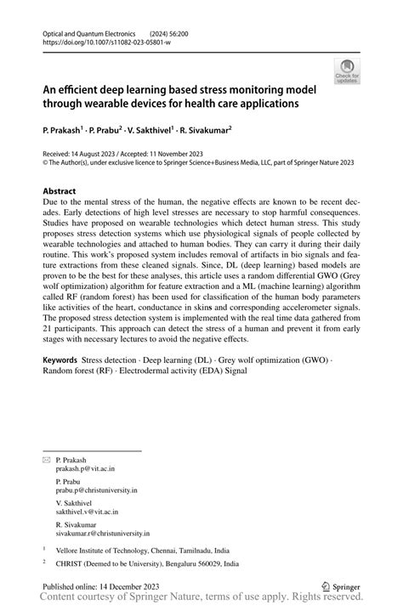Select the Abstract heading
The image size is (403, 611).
pyautogui.click(x=60, y=191)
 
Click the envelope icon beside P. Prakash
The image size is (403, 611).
pyautogui.click(x=47, y=459)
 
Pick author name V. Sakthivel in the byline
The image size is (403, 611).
pyautogui.click(x=150, y=131)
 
